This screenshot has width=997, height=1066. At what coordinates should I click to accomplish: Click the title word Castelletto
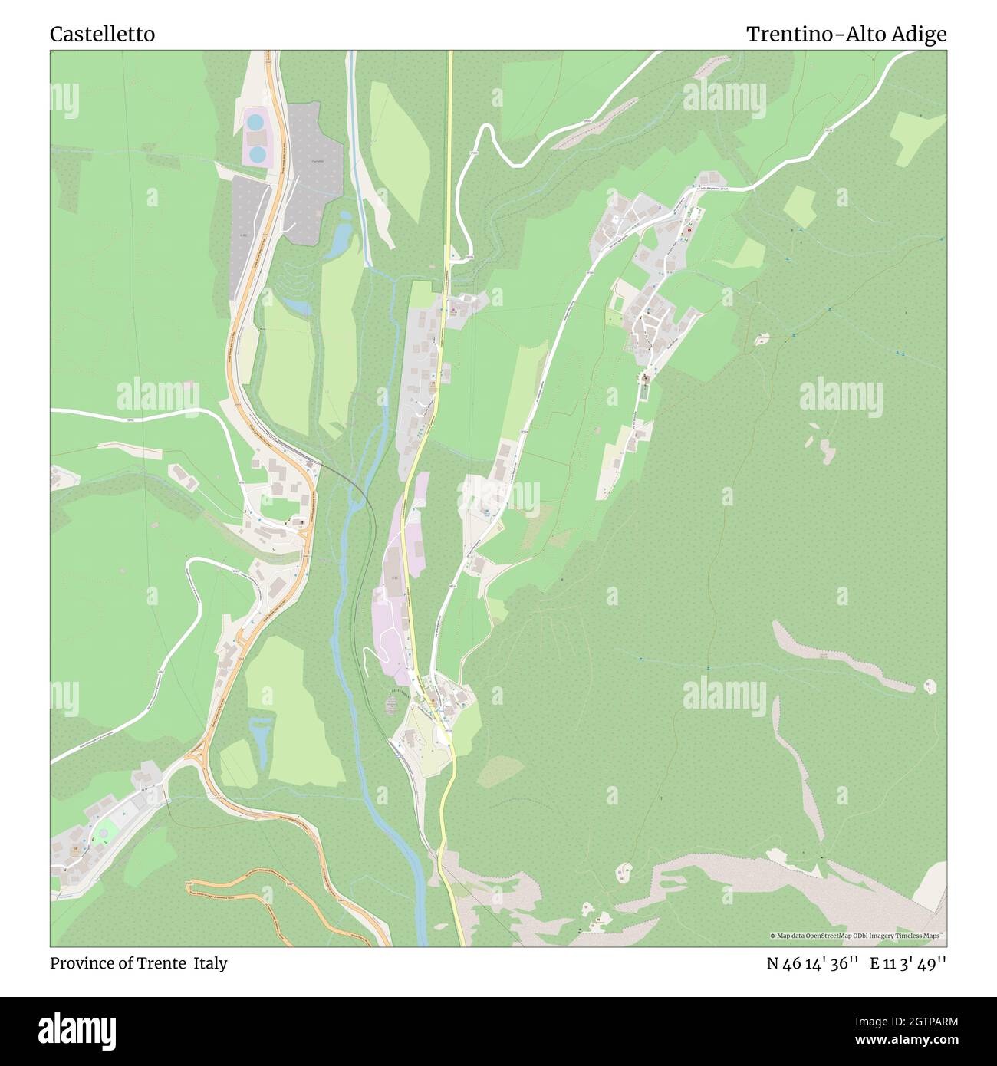click(x=102, y=35)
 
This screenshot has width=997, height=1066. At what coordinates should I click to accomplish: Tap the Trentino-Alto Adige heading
click(x=846, y=35)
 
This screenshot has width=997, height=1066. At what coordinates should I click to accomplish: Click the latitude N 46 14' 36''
click(x=812, y=963)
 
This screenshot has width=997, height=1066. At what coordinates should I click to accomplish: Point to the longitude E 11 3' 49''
click(x=908, y=963)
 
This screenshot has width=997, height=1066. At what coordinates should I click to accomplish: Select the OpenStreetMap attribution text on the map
click(x=857, y=936)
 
